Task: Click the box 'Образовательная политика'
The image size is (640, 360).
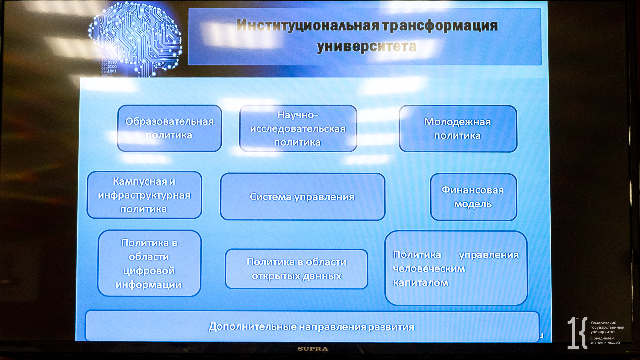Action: pyautogui.click(x=169, y=128)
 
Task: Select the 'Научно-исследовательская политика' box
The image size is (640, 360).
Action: pyautogui.click(x=298, y=128)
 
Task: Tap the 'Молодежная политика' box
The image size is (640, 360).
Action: pyautogui.click(x=458, y=129)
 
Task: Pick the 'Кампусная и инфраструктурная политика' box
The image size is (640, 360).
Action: pyautogui.click(x=144, y=195)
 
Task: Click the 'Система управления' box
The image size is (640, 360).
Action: pyautogui.click(x=302, y=197)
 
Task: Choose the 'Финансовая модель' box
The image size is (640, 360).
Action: pyautogui.click(x=473, y=197)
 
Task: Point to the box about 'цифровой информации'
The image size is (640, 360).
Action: pyautogui.click(x=149, y=263)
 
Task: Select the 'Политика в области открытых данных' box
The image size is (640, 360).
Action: pyautogui.click(x=296, y=269)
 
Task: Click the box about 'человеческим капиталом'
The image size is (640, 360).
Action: pyautogui.click(x=456, y=268)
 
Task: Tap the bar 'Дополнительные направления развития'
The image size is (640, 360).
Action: pyautogui.click(x=312, y=326)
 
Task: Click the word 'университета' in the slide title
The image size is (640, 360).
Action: pyautogui.click(x=367, y=46)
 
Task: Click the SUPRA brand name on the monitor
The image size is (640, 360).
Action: pyautogui.click(x=313, y=349)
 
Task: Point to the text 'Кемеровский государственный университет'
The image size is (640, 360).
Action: pyautogui.click(x=607, y=327)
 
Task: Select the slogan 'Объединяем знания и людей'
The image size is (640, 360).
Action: pyautogui.click(x=605, y=340)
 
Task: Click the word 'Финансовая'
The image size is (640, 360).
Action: pyautogui.click(x=473, y=190)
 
